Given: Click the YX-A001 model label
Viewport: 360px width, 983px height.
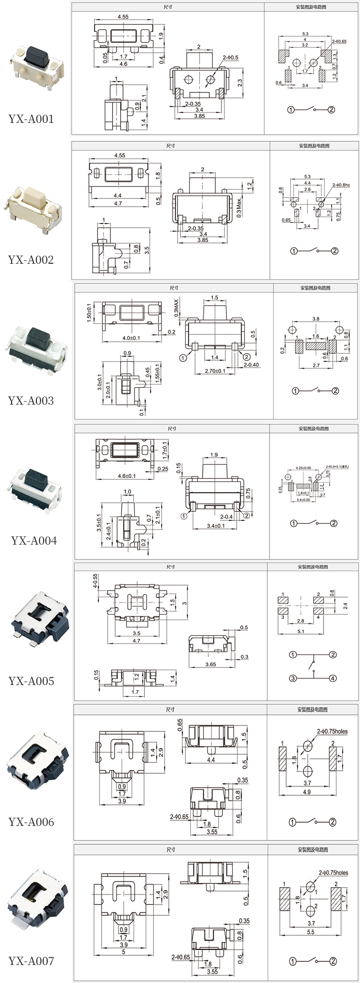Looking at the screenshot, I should pos(31,119).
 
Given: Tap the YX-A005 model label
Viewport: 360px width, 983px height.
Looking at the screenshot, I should pos(31,681).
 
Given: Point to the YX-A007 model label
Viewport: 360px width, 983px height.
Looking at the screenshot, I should pos(31,961).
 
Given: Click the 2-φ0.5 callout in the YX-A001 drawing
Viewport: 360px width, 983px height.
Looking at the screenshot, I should pos(230,58).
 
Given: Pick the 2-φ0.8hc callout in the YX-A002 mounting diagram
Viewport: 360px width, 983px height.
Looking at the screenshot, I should pos(341,185).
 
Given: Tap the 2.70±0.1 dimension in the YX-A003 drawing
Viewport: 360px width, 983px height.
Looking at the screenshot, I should pos(215,371).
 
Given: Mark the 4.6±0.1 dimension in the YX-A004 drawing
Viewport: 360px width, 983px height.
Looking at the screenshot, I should pos(126,476).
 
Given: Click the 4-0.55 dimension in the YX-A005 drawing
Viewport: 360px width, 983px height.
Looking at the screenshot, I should pos(95,581).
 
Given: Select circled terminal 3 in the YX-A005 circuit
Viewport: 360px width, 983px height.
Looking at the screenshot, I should pos(293,678).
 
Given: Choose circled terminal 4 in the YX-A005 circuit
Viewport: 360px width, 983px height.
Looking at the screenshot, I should pos(333,678).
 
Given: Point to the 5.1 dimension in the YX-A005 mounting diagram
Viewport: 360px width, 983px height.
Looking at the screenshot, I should pos(301,631).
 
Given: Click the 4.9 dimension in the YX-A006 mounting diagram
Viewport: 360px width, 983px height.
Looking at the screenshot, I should pos(307,792).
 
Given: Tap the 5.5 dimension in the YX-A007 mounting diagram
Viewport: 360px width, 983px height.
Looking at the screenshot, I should pos(310,932).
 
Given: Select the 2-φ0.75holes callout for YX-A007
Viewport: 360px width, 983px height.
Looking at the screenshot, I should pos(333,873).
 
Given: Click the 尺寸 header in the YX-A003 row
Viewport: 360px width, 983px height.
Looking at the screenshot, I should pos(174,288).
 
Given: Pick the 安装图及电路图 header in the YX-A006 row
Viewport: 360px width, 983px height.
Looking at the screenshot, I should pos(312,710).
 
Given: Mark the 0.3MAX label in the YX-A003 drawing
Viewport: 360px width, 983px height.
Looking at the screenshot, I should pos(176,307).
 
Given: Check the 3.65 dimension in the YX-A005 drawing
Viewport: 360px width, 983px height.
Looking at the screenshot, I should pos(211,664).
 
